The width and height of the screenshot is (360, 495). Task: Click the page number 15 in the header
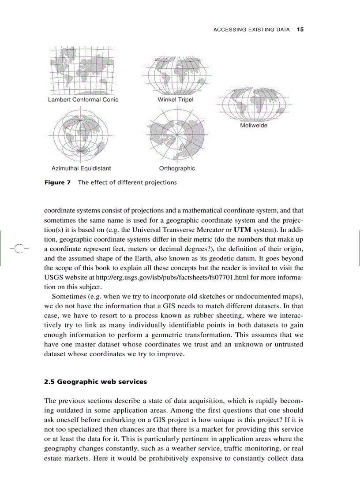(x=300, y=30)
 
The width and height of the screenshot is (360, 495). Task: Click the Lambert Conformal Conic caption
(x=83, y=100)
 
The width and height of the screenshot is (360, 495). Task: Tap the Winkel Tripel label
(x=176, y=100)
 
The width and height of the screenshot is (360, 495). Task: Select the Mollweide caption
(x=253, y=125)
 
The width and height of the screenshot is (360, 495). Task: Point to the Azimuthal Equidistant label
(x=81, y=168)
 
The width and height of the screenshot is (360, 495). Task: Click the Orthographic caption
(x=176, y=168)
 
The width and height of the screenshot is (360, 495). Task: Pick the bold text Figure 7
(x=57, y=182)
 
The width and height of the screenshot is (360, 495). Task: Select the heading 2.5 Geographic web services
(x=95, y=382)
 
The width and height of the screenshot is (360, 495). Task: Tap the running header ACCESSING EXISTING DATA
(x=251, y=30)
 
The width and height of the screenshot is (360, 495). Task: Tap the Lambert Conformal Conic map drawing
(x=82, y=69)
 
